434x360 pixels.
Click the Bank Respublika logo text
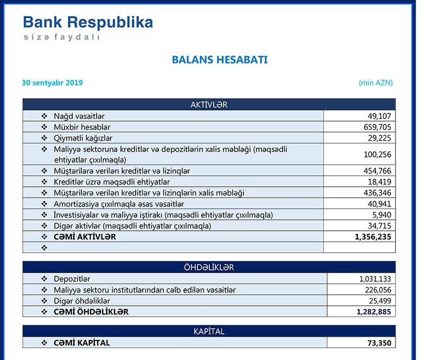tap(88, 22)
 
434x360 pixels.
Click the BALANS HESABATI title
tap(219, 60)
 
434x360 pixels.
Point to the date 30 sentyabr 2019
tap(53, 83)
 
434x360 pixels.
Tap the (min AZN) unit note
tap(375, 83)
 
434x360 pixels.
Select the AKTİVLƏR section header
tap(209, 105)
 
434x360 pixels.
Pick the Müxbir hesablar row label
tap(82, 127)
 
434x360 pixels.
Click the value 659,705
tap(377, 127)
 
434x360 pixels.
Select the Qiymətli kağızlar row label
tap(83, 138)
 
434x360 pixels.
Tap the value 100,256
tap(377, 155)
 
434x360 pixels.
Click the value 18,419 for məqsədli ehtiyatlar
tap(379, 182)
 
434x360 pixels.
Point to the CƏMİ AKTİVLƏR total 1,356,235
tap(373, 237)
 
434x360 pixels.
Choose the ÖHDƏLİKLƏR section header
tap(209, 268)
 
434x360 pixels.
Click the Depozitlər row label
tap(73, 279)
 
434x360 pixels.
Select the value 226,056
tap(377, 290)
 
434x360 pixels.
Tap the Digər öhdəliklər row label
tap(82, 301)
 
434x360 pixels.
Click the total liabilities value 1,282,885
tap(374, 312)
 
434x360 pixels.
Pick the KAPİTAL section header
tap(209, 331)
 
